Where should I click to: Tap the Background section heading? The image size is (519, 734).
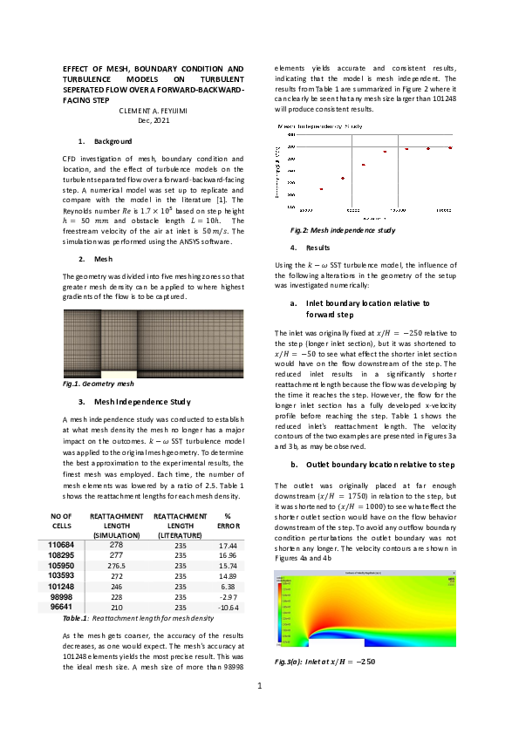pyautogui.click(x=113, y=140)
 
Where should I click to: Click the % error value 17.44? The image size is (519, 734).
pyautogui.click(x=228, y=545)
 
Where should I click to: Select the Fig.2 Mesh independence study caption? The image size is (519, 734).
pyautogui.click(x=343, y=230)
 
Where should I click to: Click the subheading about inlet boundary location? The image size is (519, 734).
pyautogui.click(x=364, y=308)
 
